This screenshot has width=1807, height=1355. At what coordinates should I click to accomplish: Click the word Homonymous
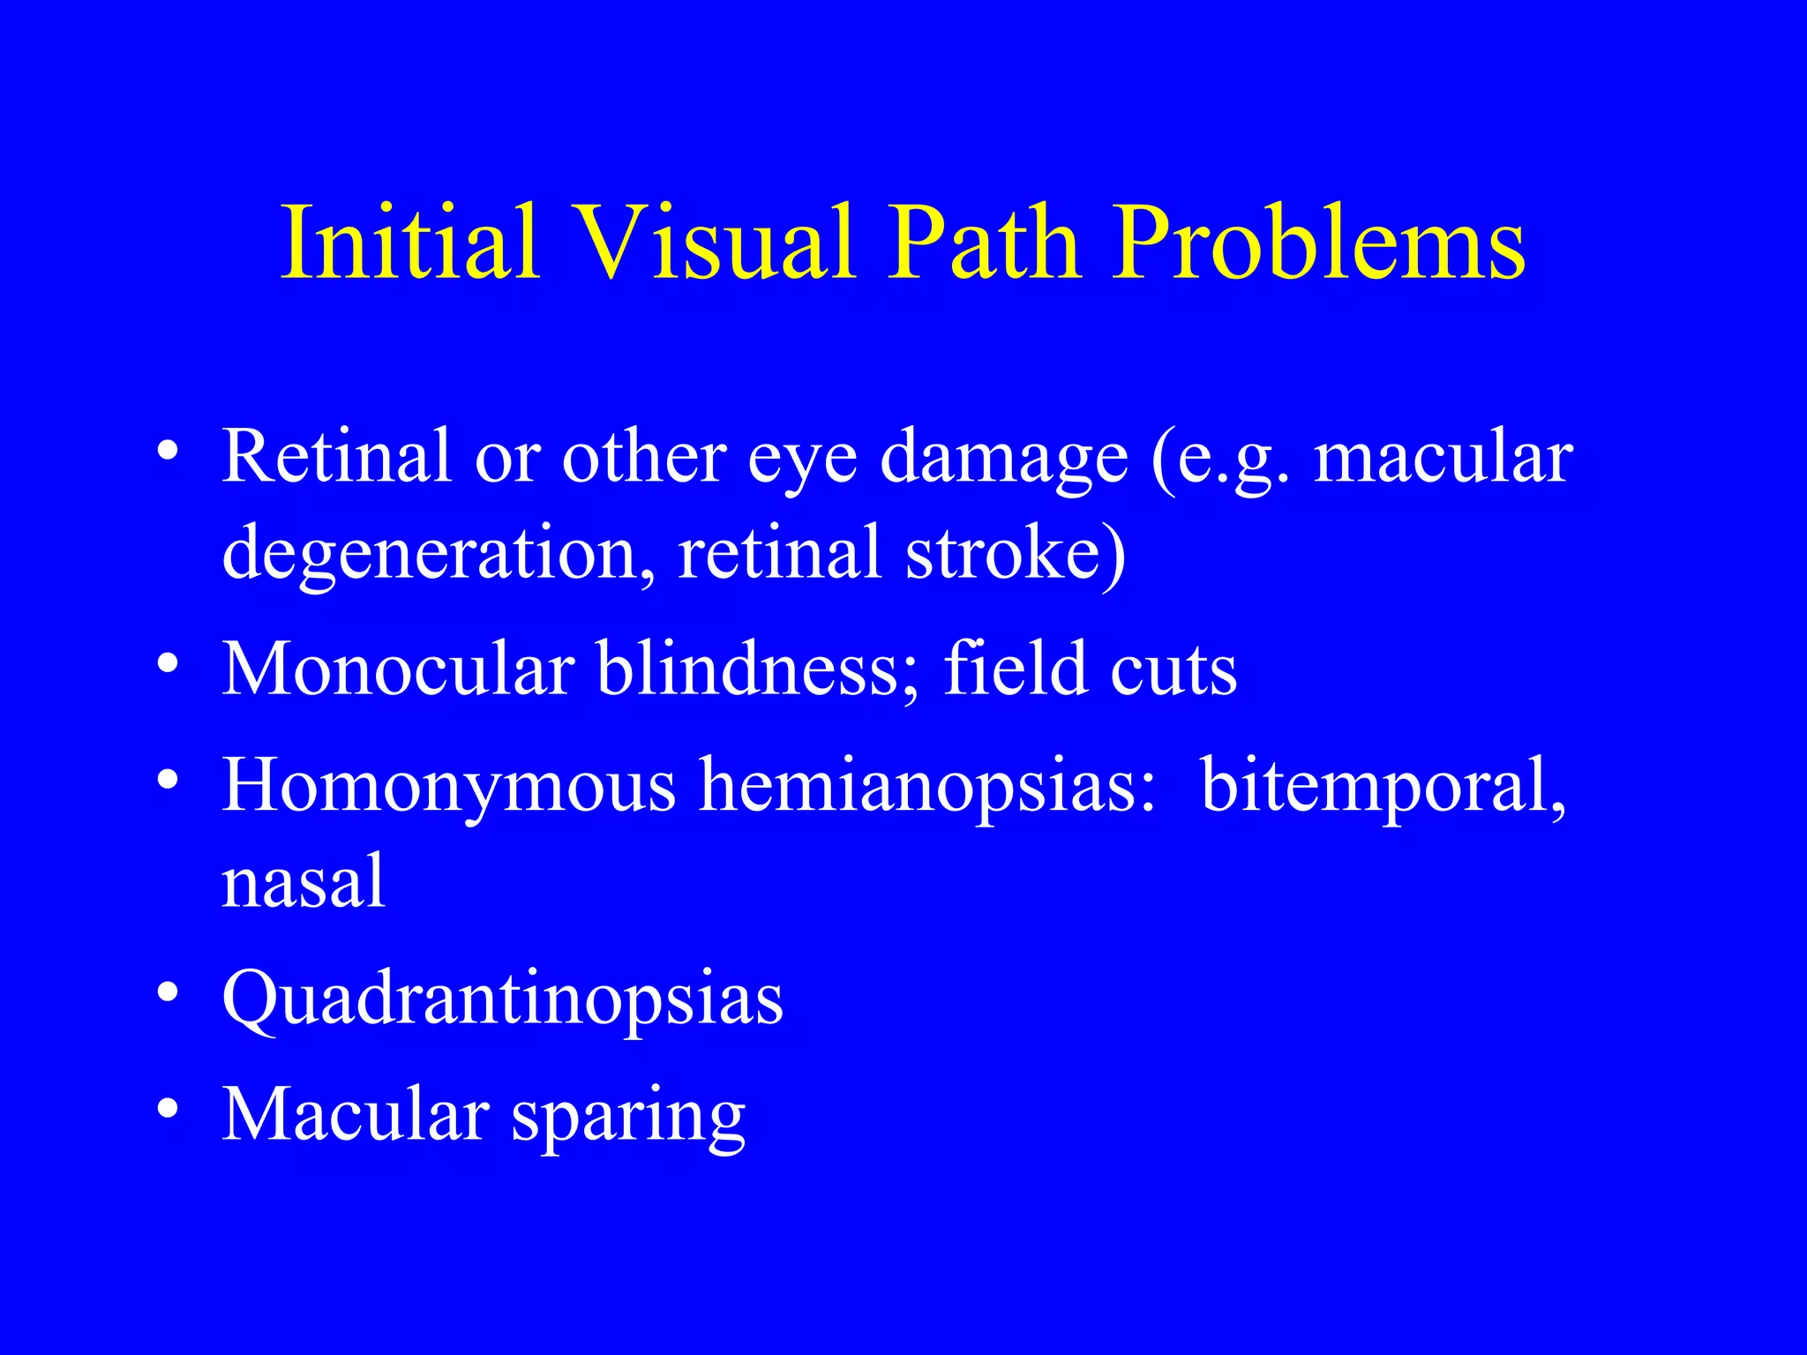click(448, 787)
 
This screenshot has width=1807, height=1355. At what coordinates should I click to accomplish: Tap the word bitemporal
click(1383, 787)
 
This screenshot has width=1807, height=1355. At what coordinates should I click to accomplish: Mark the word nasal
click(304, 882)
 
